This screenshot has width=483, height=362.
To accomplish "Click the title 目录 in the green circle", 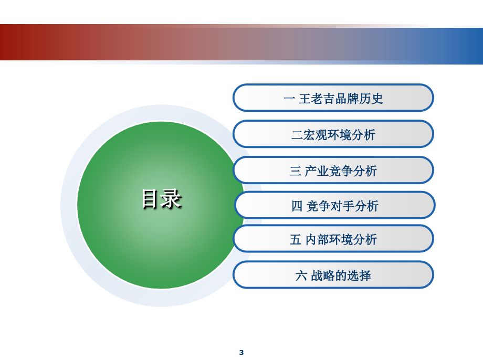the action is [x=162, y=199].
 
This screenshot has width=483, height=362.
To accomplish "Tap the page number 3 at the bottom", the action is [x=241, y=353].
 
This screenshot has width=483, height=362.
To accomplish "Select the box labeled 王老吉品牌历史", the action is [x=333, y=98].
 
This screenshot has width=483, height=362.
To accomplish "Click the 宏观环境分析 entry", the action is [x=333, y=134].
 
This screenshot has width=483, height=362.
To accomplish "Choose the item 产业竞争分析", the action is [x=333, y=170].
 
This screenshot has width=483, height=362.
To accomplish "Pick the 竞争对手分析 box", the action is [x=335, y=205].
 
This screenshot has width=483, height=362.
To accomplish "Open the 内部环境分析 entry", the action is [x=333, y=239].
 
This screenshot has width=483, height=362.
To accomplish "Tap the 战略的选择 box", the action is [x=333, y=274].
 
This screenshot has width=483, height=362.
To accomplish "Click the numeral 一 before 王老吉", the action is [x=289, y=99].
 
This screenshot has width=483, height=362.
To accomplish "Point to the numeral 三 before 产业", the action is [x=295, y=171].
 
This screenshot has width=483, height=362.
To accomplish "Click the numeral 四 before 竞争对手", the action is [x=297, y=206].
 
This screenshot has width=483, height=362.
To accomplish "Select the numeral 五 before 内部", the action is [x=295, y=239].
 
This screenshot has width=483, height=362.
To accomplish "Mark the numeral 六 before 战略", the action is [x=301, y=276].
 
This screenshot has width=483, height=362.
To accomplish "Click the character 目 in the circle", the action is [x=150, y=199].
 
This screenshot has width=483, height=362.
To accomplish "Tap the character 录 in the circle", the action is [x=172, y=199].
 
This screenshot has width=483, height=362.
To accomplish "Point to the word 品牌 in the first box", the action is [x=347, y=99].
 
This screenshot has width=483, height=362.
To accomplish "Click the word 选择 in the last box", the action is [x=359, y=276].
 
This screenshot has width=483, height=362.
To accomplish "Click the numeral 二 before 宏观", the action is [x=297, y=135].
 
